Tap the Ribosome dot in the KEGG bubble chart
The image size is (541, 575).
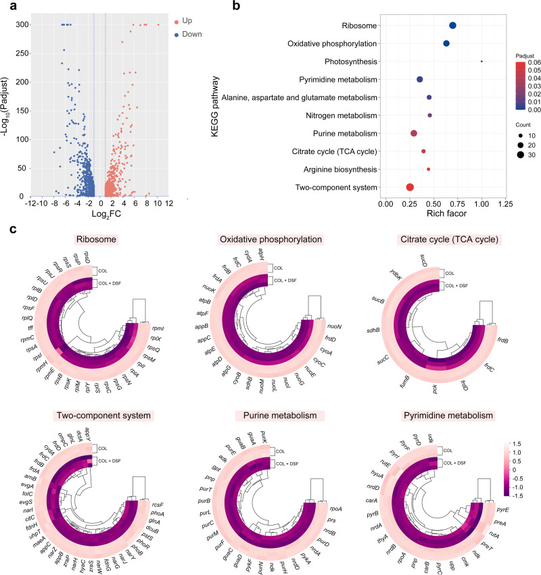[x=452, y=26]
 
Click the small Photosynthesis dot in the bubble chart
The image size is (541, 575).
[x=481, y=61]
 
